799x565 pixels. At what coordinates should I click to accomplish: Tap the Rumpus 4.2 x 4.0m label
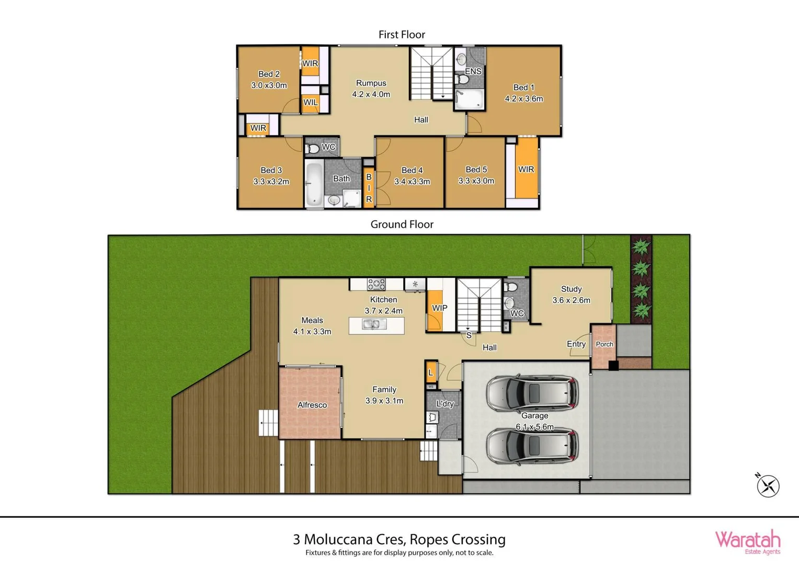pos(371,88)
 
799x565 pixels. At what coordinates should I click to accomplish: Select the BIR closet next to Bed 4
pos(369,188)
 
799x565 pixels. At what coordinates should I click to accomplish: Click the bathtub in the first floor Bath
pos(314,184)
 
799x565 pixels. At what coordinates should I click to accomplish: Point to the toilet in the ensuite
pos(462,80)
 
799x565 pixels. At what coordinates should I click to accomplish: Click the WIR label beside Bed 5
pos(526,169)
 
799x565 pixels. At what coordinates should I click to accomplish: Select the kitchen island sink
pos(374,325)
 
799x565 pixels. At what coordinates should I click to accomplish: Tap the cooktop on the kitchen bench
pos(376,284)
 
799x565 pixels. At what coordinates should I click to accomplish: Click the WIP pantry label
pos(439,308)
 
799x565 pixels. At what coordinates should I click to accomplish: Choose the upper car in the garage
pos(532,393)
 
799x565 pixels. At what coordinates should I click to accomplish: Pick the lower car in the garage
pos(532,446)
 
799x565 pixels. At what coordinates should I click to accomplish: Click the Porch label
pos(604,344)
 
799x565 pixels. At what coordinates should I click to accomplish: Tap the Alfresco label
pos(312,405)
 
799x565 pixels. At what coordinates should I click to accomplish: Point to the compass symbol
pos(768,485)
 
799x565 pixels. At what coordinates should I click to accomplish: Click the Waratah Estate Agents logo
pos(747,541)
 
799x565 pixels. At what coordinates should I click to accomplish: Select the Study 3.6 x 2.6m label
pos(571,295)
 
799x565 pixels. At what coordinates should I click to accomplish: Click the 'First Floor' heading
pos(402,35)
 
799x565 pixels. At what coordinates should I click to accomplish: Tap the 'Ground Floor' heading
pos(402,224)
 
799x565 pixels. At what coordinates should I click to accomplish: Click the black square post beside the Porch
pos(613,365)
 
